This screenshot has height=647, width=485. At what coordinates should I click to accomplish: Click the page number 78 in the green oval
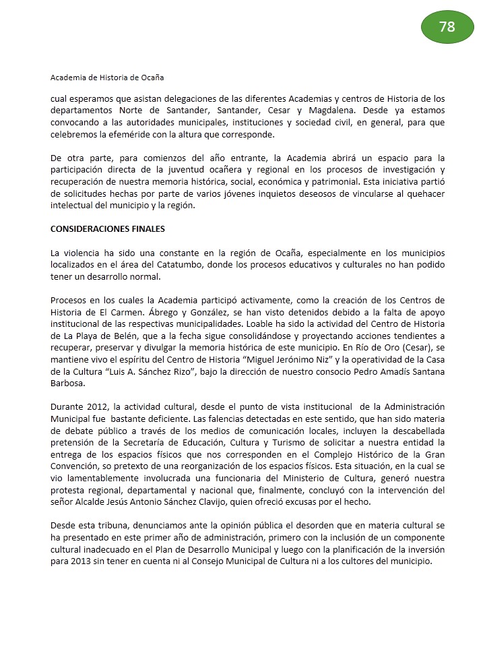[x=447, y=28]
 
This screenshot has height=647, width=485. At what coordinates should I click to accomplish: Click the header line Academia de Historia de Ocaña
[x=107, y=78]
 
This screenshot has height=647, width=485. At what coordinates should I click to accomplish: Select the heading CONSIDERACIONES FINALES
[x=108, y=229]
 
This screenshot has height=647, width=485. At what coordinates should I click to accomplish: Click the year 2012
[x=96, y=406]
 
